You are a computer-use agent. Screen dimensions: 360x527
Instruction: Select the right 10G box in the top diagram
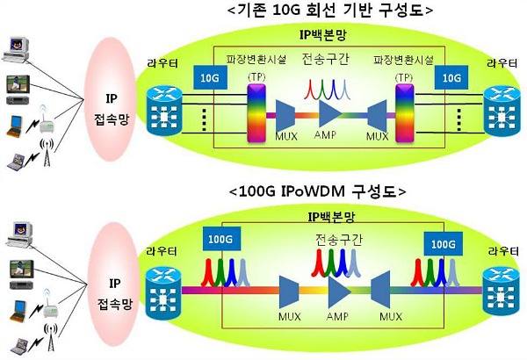tap(451, 77)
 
